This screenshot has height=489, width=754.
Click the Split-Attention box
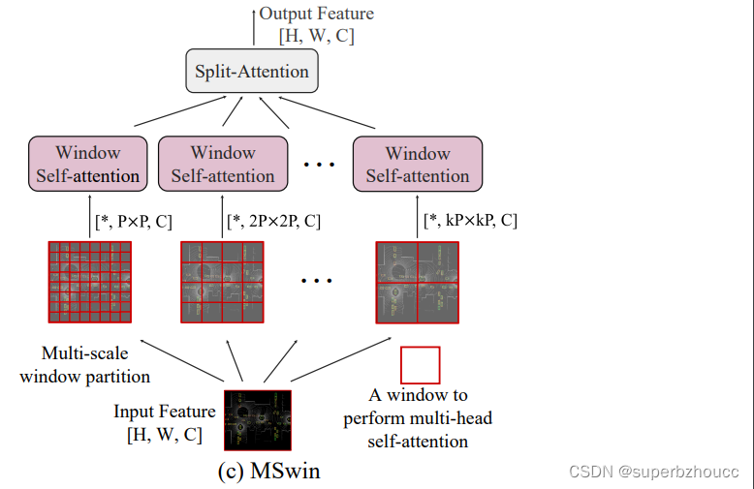coord(251,72)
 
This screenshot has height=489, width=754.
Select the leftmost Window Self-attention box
coord(87,164)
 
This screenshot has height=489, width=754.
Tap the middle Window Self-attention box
coord(223,164)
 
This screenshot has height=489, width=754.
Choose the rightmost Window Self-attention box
coord(418,164)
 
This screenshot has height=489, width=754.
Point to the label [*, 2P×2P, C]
coord(273,222)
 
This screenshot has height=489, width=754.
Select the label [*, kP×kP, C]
coord(471,221)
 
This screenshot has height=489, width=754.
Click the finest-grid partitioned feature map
coord(88,282)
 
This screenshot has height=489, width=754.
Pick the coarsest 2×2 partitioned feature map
coord(417,282)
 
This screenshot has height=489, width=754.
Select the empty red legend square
coord(420,365)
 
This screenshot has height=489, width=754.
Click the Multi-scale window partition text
coord(85,365)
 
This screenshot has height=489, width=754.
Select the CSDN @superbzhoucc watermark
coord(654,472)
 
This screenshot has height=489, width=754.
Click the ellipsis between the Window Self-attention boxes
coord(318,166)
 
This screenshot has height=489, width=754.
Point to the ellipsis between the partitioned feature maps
coord(318,282)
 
